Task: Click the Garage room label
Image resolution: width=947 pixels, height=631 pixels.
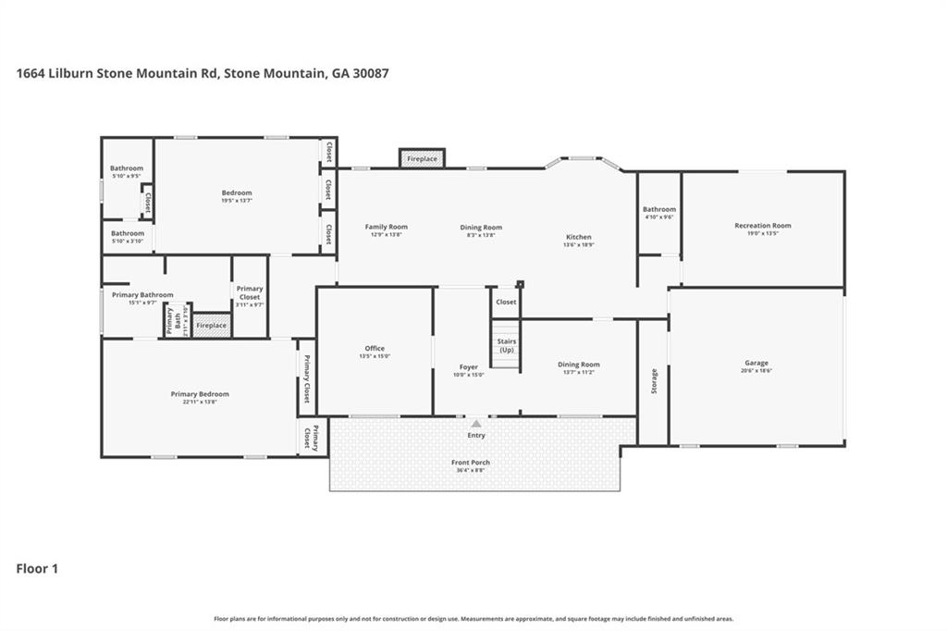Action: click(756, 363)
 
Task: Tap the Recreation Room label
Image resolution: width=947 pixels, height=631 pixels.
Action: click(762, 226)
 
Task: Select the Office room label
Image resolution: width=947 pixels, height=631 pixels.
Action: click(375, 349)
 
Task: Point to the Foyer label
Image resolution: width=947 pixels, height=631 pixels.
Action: click(468, 367)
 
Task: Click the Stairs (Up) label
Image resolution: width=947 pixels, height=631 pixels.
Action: click(506, 346)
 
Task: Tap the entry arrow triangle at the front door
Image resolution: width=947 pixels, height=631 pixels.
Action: click(476, 424)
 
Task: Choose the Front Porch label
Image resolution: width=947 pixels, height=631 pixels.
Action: click(471, 463)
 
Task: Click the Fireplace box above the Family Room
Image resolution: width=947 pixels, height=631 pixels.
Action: click(422, 159)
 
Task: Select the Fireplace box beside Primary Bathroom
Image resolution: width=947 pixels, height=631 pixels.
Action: click(211, 326)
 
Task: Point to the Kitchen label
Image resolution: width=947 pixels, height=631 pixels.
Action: click(579, 237)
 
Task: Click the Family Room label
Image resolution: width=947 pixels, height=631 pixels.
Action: click(386, 227)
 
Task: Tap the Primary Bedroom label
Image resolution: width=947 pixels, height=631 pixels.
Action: click(200, 394)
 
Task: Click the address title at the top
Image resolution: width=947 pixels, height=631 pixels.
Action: click(203, 72)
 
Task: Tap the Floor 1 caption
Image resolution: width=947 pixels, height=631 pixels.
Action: click(37, 569)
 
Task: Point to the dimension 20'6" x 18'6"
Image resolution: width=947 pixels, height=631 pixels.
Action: click(756, 370)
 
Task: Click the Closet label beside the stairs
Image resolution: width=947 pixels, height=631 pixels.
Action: click(506, 302)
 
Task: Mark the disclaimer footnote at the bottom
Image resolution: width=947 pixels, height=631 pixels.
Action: click(473, 619)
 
